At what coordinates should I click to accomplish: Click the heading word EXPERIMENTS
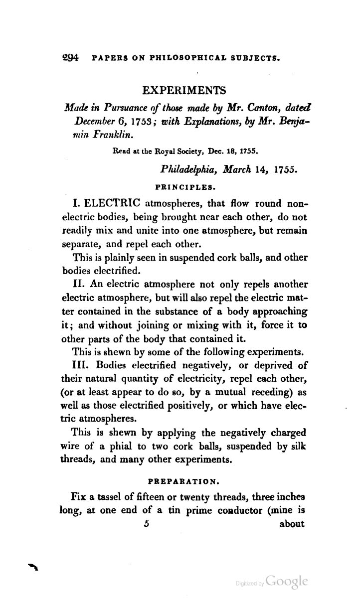pyautogui.click(x=184, y=90)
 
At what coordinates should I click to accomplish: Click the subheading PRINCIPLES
pyautogui.click(x=184, y=186)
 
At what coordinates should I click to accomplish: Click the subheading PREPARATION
pyautogui.click(x=184, y=481)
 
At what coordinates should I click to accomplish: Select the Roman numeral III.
pyautogui.click(x=83, y=366)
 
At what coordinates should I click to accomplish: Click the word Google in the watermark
pyautogui.click(x=287, y=581)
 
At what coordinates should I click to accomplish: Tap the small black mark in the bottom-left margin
pyautogui.click(x=33, y=566)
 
